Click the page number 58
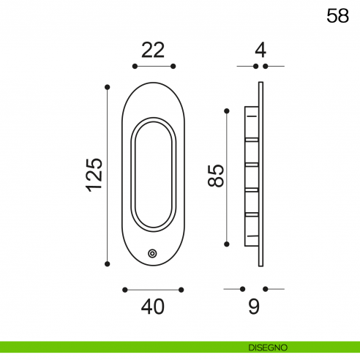click(337, 16)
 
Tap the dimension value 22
click(153, 50)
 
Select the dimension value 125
click(94, 175)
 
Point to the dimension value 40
click(153, 307)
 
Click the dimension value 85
click(216, 176)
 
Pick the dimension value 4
click(260, 50)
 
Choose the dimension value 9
click(254, 306)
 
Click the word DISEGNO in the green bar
click(268, 348)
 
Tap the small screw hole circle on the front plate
click(152, 254)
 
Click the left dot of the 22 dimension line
click(135, 66)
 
